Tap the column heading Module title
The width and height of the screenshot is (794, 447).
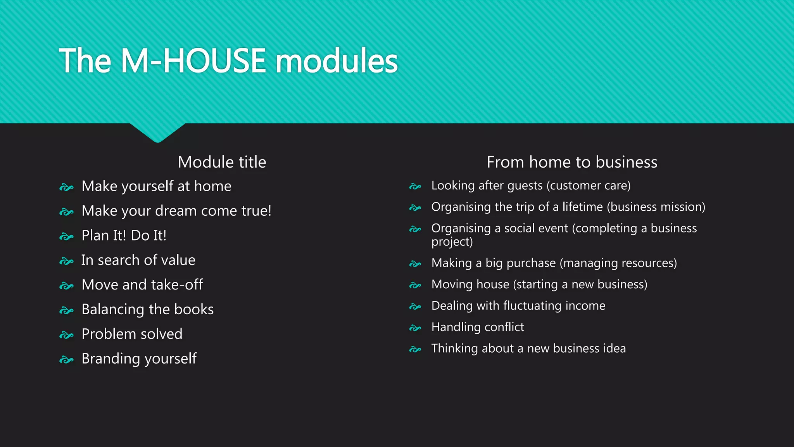pyautogui.click(x=222, y=162)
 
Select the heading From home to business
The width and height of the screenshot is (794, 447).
pyautogui.click(x=572, y=162)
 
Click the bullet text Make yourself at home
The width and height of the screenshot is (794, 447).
pyautogui.click(x=156, y=186)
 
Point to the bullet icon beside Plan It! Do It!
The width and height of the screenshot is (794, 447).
pyautogui.click(x=66, y=236)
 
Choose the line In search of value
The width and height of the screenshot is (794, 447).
pyautogui.click(x=138, y=260)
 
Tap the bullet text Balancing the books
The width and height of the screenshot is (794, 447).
pyautogui.click(x=147, y=309)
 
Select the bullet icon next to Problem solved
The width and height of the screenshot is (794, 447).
pyautogui.click(x=66, y=335)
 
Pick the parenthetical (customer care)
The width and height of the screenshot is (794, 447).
pyautogui.click(x=589, y=185)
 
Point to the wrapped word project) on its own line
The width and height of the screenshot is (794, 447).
pyautogui.click(x=452, y=242)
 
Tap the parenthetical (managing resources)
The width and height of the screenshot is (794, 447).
pyautogui.click(x=618, y=263)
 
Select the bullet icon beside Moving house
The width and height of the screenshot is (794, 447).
pyautogui.click(x=415, y=286)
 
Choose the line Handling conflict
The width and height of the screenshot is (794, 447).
pyautogui.click(x=478, y=327)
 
